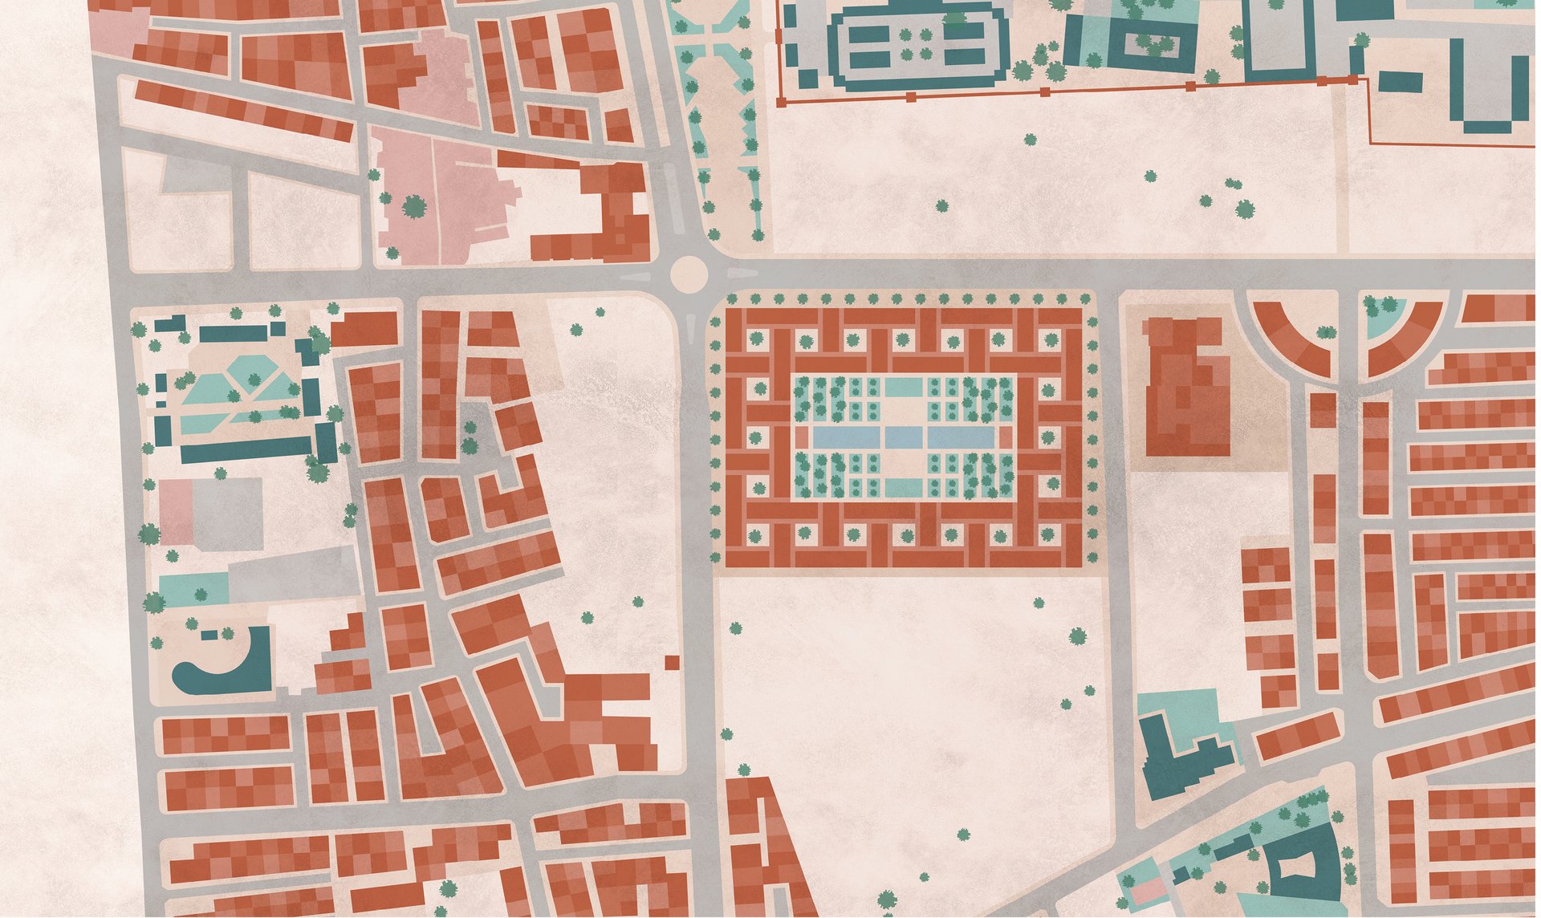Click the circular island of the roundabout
pyautogui.click(x=689, y=274)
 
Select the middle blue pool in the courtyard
pyautogui.click(x=905, y=437)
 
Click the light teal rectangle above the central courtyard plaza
pyautogui.click(x=904, y=388)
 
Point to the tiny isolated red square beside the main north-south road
pyautogui.click(x=672, y=661)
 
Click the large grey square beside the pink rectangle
pyautogui.click(x=228, y=514)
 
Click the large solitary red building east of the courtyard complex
pyautogui.click(x=1186, y=385)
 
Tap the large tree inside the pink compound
pyautogui.click(x=413, y=206)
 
